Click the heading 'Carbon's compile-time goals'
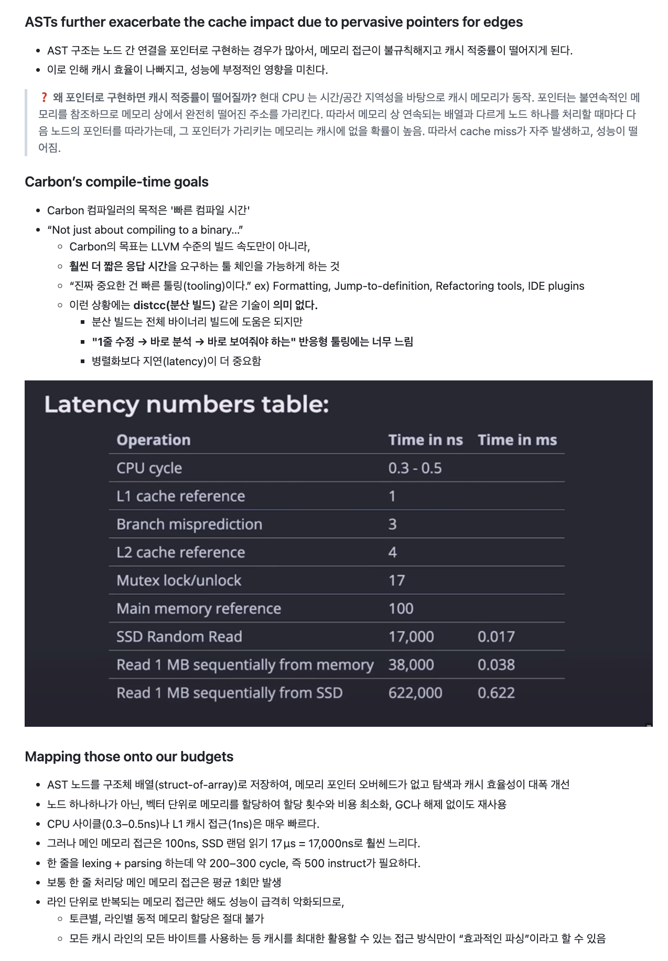tap(116, 182)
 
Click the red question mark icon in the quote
tap(44, 97)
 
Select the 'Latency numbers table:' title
tap(186, 405)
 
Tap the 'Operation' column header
tap(153, 440)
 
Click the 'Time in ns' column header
tap(425, 440)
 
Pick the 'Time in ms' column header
tap(517, 440)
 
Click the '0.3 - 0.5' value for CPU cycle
tap(415, 468)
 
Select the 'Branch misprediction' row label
tap(189, 524)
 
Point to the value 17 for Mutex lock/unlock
tap(396, 581)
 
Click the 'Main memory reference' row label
tap(199, 608)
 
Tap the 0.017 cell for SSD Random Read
tap(496, 637)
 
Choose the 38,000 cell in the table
tap(411, 665)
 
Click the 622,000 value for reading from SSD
tap(415, 693)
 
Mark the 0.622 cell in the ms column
tap(496, 693)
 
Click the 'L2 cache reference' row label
tap(181, 552)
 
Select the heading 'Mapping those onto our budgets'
tap(129, 757)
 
